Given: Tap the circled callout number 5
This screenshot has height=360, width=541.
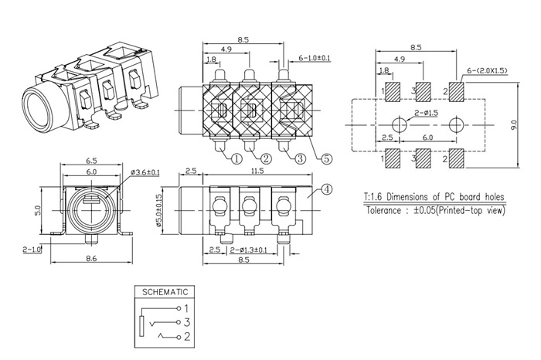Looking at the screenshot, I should click(326, 159).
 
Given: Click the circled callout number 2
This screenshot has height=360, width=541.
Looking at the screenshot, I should click(266, 159).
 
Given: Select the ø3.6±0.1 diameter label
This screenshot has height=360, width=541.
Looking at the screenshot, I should click(144, 172).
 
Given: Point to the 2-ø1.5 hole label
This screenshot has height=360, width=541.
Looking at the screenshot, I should click(426, 114).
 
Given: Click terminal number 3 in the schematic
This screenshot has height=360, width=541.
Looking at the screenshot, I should click(185, 321).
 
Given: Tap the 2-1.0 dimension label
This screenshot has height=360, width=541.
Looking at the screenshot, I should click(32, 250).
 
